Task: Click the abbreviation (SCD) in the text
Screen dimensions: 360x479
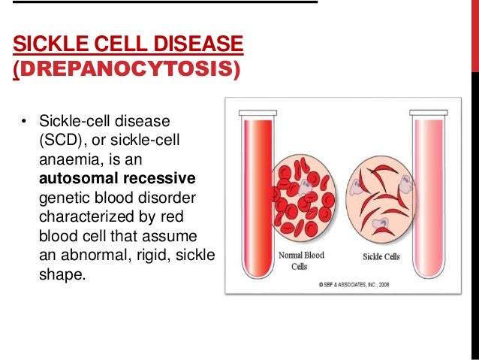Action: click(61, 141)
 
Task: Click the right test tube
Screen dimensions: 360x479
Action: click(429, 188)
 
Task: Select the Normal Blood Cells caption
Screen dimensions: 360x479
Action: click(302, 260)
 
